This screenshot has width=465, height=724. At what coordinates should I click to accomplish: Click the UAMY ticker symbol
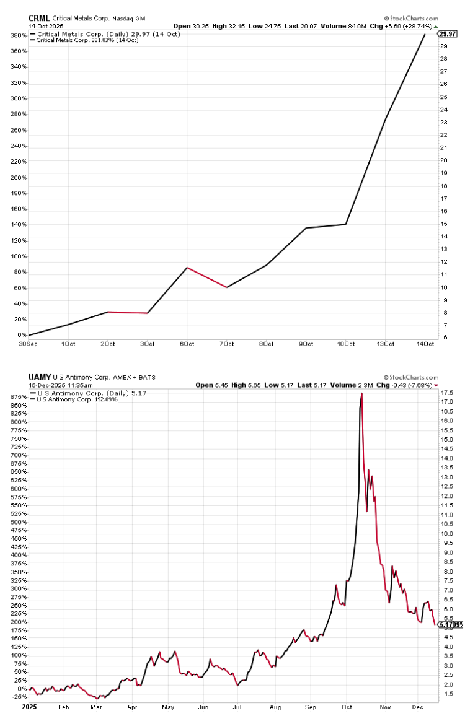pos(38,377)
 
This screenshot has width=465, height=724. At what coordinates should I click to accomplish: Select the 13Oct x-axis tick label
pos(385,343)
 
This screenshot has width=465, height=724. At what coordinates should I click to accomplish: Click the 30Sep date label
pos(28,343)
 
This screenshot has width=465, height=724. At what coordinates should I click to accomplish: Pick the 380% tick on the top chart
pos(17,35)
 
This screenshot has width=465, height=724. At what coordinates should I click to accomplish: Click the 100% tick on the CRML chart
pos(17,256)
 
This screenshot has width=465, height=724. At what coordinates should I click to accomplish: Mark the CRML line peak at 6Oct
pos(187,268)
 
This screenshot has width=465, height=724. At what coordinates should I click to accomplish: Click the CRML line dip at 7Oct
pos(227,287)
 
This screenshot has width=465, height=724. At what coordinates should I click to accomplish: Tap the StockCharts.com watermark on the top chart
pos(411,19)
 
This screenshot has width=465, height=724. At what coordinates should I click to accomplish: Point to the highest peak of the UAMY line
pos(361,393)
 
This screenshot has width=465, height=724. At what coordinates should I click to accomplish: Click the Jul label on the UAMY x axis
pos(236,705)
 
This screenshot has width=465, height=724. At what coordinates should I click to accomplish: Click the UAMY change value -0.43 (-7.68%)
pos(409,384)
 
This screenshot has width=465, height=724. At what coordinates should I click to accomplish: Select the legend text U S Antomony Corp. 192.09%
pos(77,399)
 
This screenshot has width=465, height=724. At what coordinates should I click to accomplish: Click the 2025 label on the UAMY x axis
pos(29,705)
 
